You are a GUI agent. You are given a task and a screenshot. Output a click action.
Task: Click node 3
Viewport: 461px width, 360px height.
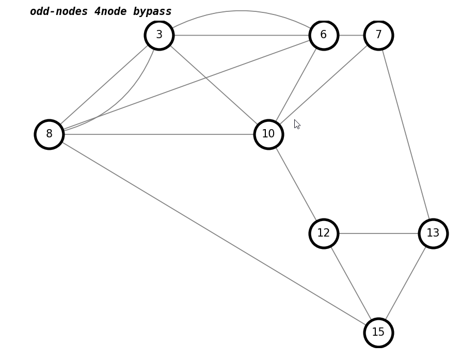pyautogui.click(x=159, y=35)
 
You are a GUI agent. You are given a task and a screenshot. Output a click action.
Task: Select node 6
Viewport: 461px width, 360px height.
pyautogui.click(x=324, y=35)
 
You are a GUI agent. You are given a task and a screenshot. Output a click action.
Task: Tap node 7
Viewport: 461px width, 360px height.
pyautogui.click(x=378, y=35)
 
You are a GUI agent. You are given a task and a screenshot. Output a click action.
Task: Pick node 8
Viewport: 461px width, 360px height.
pyautogui.click(x=49, y=134)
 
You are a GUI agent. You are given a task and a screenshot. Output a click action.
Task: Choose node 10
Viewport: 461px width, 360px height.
pyautogui.click(x=268, y=134)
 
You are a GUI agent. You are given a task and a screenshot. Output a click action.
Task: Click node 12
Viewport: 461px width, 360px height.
pyautogui.click(x=324, y=233)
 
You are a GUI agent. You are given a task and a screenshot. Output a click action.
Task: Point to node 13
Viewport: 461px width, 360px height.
pyautogui.click(x=433, y=233)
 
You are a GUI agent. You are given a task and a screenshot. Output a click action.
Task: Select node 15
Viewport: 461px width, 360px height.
pyautogui.click(x=378, y=333)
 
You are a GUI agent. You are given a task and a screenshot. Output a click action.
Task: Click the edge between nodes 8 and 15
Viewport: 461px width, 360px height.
pyautogui.click(x=214, y=233)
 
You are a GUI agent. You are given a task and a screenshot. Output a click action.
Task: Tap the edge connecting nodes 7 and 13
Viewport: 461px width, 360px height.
pyautogui.click(x=406, y=134)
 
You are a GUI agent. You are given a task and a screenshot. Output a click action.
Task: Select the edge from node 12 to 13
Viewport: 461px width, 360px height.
pyautogui.click(x=378, y=233)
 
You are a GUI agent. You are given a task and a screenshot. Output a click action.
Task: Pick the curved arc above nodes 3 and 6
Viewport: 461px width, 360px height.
pyautogui.click(x=241, y=11)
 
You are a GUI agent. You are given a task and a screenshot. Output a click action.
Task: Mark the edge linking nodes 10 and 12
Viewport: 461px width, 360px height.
pyautogui.click(x=296, y=184)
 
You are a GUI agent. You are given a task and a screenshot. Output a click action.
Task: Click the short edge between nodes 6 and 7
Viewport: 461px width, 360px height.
pyautogui.click(x=351, y=35)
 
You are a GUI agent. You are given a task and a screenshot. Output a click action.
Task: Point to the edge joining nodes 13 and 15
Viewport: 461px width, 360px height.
pyautogui.click(x=406, y=283)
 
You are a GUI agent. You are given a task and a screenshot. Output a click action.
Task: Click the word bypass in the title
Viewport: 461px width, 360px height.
pyautogui.click(x=152, y=11)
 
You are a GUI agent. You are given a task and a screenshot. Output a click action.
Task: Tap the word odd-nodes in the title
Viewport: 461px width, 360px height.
pyautogui.click(x=59, y=11)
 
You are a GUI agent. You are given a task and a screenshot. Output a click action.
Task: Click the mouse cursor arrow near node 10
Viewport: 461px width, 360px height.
pyautogui.click(x=296, y=123)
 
